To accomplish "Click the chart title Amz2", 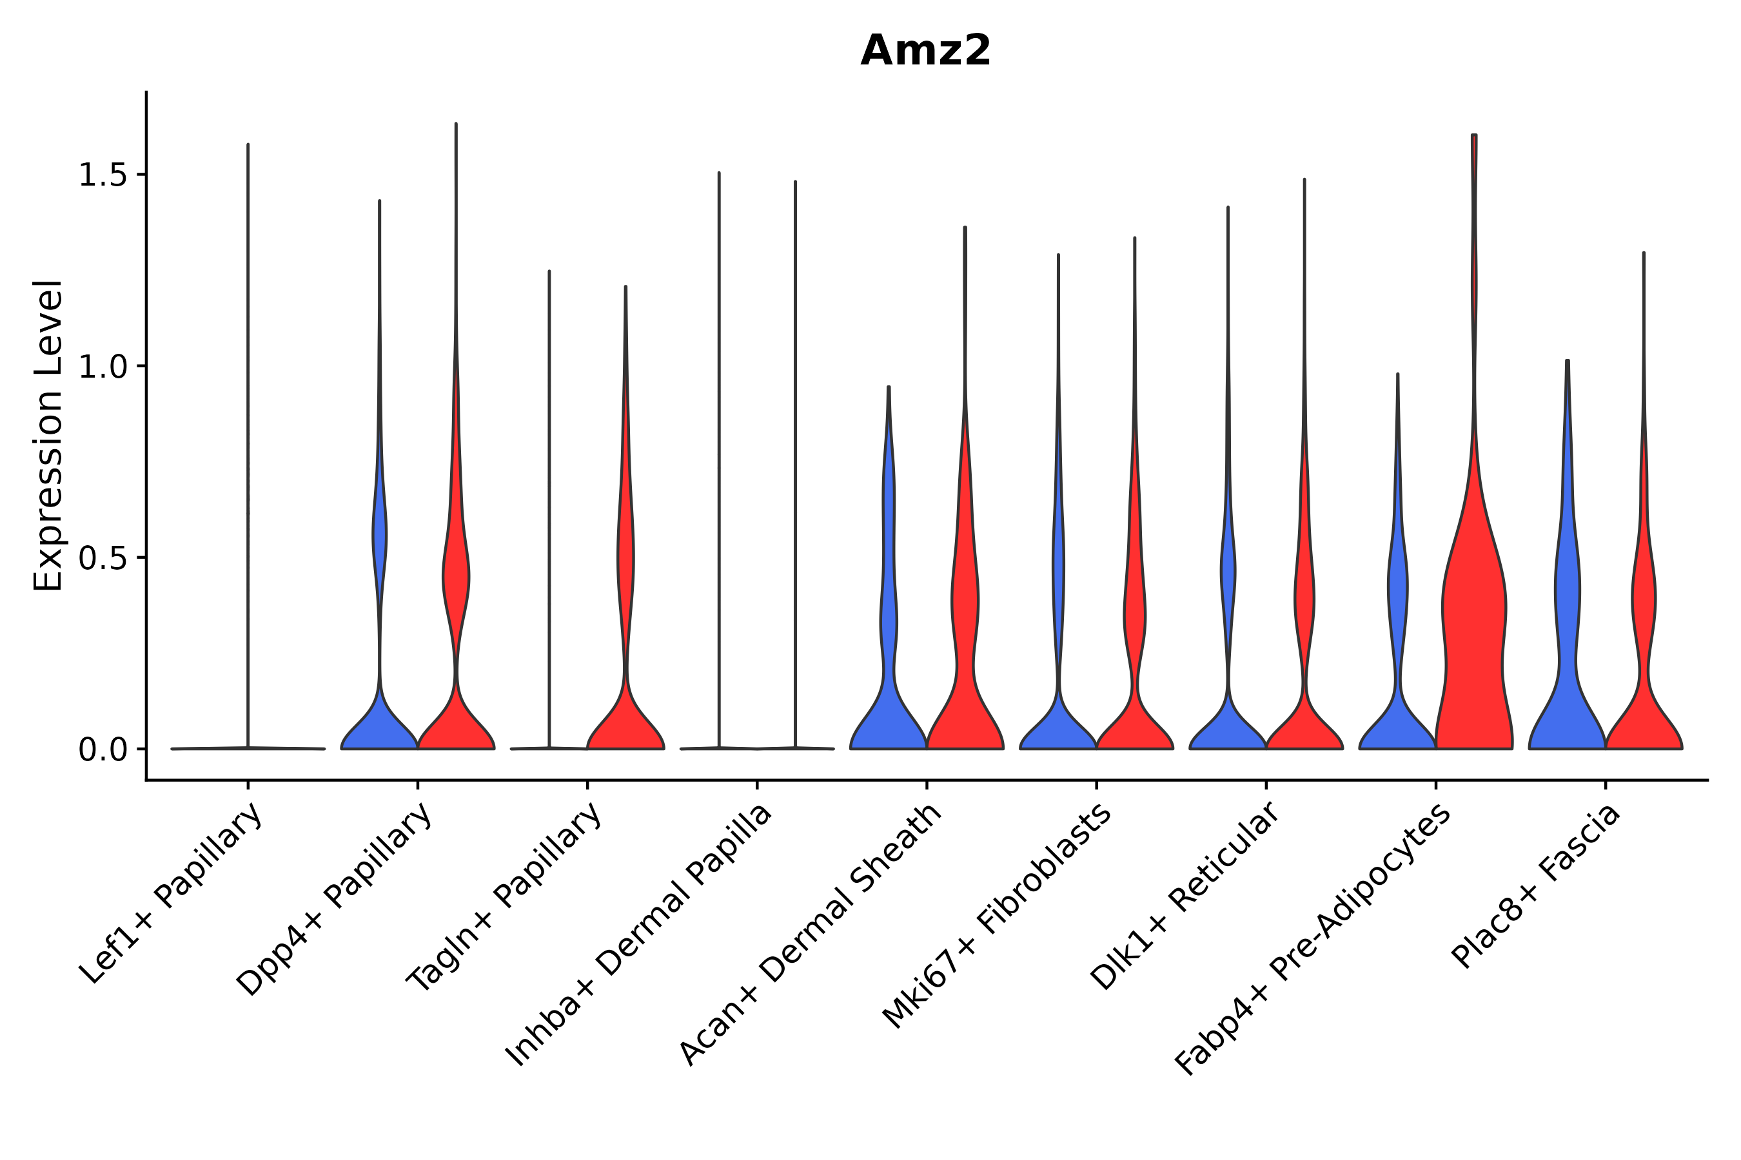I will pos(925,51).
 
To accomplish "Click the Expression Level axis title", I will pos(48,435).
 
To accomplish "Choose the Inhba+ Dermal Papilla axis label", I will pos(639,935).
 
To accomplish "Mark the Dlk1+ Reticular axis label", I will pos(1185,896).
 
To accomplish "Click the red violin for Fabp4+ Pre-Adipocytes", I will pos(1473,629).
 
